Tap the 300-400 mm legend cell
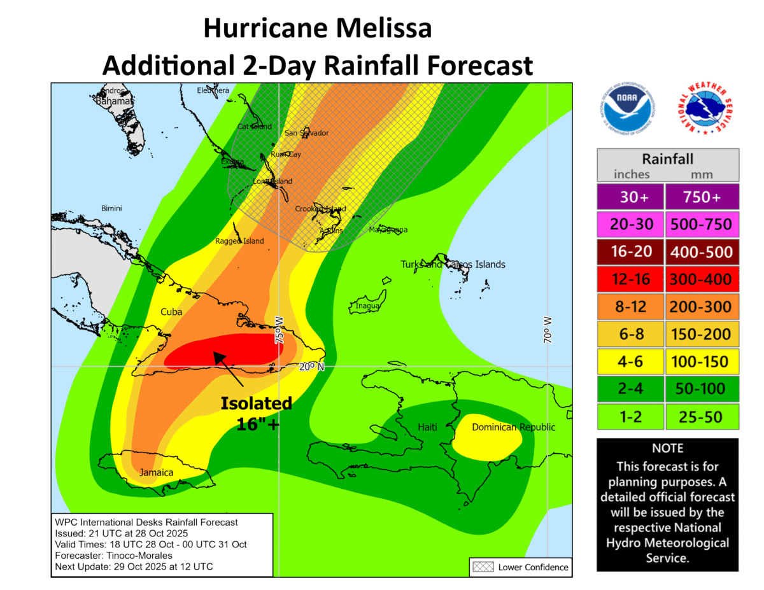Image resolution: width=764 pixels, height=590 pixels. (702, 279)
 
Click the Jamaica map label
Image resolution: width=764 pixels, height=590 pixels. (157, 473)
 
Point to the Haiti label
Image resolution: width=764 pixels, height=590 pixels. (427, 427)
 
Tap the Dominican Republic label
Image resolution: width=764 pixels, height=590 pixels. (513, 427)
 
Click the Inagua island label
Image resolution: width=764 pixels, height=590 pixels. (367, 306)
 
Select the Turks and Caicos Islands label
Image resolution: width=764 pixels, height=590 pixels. (453, 264)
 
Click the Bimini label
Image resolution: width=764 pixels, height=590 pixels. (111, 209)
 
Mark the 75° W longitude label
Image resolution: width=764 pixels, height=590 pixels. (279, 330)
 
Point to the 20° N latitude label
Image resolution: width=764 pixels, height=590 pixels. (312, 367)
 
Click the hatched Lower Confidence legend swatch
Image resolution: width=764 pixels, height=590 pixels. (481, 566)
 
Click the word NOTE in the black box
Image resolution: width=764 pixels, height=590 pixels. (667, 449)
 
